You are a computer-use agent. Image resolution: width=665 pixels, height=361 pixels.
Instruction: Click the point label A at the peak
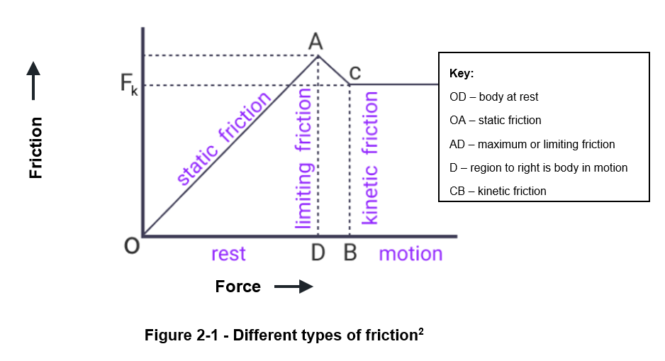click(x=316, y=42)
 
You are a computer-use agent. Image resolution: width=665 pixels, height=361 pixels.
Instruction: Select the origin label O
click(x=131, y=246)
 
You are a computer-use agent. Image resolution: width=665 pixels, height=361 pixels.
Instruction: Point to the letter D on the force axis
click(x=318, y=253)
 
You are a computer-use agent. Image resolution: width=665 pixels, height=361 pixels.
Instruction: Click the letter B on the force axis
click(x=350, y=253)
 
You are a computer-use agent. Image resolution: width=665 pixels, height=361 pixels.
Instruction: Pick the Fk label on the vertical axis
click(x=128, y=86)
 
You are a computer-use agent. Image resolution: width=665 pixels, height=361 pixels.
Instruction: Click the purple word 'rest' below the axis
click(x=228, y=253)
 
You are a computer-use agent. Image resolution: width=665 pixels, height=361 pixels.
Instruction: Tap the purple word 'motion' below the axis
click(x=410, y=253)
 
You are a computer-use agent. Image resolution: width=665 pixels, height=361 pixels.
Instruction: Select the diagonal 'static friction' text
click(x=223, y=140)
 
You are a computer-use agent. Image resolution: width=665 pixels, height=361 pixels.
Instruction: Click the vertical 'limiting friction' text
click(x=303, y=159)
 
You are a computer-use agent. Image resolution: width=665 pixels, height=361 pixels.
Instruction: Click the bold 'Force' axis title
click(x=238, y=287)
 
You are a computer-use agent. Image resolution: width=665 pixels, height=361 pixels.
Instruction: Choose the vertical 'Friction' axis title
click(x=35, y=148)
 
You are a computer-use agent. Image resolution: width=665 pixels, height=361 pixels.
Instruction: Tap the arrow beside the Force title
click(x=293, y=287)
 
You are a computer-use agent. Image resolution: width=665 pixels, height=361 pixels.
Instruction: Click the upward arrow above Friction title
click(x=33, y=80)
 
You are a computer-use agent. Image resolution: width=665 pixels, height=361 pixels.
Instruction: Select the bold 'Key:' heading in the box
click(x=462, y=74)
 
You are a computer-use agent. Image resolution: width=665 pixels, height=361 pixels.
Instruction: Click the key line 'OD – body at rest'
click(x=494, y=97)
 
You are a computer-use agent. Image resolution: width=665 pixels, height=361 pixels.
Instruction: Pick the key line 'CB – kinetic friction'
click(x=498, y=191)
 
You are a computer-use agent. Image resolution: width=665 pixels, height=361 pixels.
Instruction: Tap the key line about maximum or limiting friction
click(x=532, y=144)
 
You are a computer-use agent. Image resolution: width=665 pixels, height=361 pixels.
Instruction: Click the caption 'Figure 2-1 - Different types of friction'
click(x=284, y=335)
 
